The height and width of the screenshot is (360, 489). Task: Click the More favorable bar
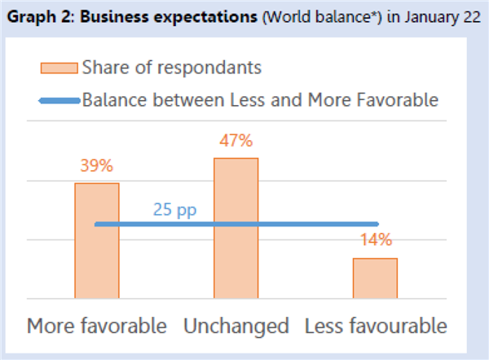(97, 240)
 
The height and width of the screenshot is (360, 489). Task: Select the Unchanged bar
(236, 228)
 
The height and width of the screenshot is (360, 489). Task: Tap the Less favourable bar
(375, 279)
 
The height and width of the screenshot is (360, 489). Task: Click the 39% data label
(97, 165)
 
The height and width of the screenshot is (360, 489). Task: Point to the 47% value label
(236, 141)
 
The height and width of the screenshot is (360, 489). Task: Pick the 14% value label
(376, 239)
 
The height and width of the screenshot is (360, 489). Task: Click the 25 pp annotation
(174, 210)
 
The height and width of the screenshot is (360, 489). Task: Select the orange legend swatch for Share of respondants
(59, 68)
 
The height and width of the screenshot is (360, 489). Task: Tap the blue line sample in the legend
(59, 101)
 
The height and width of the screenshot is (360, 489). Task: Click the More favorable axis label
(97, 326)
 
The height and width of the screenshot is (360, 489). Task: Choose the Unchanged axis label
(236, 327)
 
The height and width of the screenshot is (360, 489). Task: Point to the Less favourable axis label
(376, 326)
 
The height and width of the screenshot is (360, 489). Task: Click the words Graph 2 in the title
(39, 17)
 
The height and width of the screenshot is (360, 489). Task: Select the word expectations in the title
(205, 17)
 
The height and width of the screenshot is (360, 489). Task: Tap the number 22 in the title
(472, 17)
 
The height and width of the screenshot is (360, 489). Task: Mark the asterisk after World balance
(373, 14)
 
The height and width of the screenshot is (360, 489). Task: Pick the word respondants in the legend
(209, 68)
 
